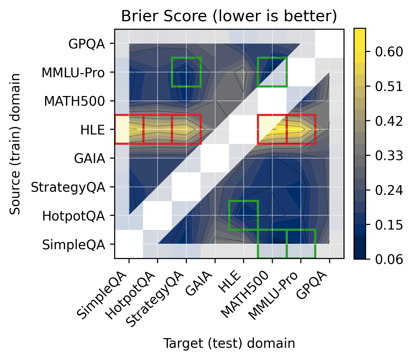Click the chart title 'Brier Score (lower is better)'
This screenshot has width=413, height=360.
pos(229,16)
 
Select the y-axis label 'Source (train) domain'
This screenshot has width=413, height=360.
pos(15,144)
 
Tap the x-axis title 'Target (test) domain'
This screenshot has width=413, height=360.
pos(229,343)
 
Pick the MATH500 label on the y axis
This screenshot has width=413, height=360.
pos(74,101)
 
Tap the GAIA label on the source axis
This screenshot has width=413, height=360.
pos(89,159)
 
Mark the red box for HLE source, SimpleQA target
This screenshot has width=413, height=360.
pos(129,129)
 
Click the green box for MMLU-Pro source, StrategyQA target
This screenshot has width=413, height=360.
pos(186,72)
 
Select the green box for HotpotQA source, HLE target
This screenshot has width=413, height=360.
pos(243,215)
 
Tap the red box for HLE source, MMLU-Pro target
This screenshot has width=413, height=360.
pos(301,129)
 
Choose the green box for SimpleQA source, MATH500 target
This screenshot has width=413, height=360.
pos(272,244)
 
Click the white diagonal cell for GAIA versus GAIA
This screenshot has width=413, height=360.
pos(215,158)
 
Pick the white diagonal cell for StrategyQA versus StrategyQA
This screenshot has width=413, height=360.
pos(186,187)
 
